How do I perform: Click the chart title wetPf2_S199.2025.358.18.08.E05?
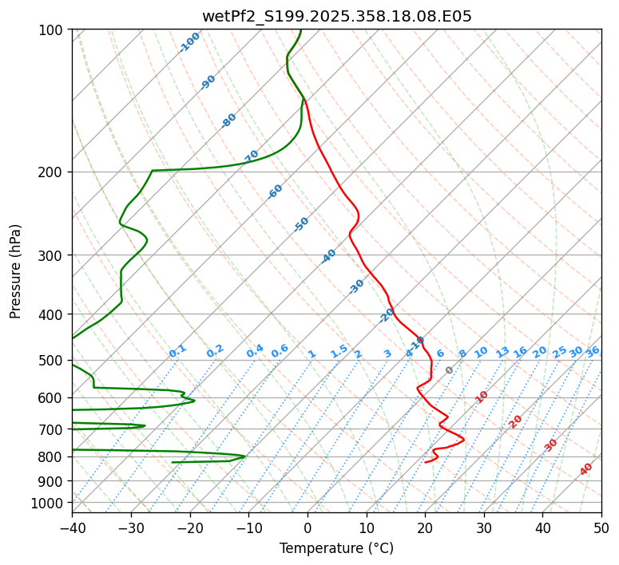click(x=336, y=16)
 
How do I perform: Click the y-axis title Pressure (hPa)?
click(x=16, y=271)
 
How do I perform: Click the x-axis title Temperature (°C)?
click(x=336, y=548)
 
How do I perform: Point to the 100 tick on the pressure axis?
click(x=52, y=30)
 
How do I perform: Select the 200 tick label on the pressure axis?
click(x=52, y=172)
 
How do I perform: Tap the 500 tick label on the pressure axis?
click(x=52, y=361)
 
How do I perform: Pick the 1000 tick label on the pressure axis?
click(x=49, y=504)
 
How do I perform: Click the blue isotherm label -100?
click(x=189, y=42)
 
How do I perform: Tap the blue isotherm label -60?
click(x=276, y=192)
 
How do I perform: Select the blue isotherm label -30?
click(x=357, y=286)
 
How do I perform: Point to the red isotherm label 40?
click(x=586, y=469)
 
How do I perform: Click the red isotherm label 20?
click(x=516, y=421)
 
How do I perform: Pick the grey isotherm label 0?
click(x=450, y=370)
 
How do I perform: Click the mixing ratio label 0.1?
click(x=178, y=350)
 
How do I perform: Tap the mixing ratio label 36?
click(x=593, y=351)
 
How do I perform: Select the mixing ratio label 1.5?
click(x=339, y=350)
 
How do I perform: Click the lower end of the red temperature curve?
click(x=426, y=462)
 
